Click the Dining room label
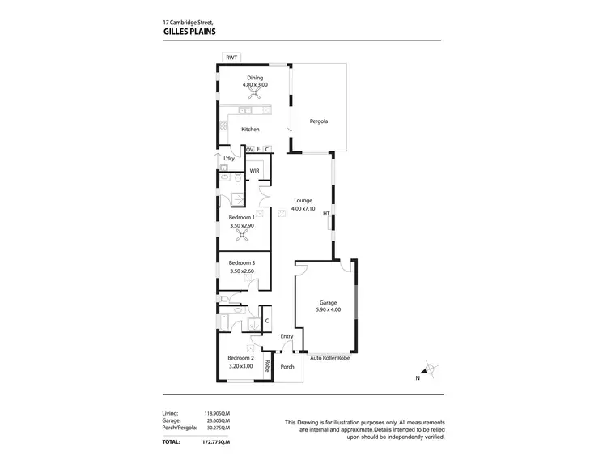[x=256, y=78]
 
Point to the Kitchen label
[x=250, y=130]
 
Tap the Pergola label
[x=319, y=121]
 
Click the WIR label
[x=254, y=171]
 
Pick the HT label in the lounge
[x=326, y=214]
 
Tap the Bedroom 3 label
[x=241, y=262]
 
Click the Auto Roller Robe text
[x=330, y=357]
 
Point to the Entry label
[x=287, y=336]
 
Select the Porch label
[x=287, y=367]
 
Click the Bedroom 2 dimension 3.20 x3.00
[x=240, y=366]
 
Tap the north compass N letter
[x=417, y=378]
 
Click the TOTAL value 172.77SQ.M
[x=216, y=441]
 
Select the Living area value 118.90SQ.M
[x=216, y=414]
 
